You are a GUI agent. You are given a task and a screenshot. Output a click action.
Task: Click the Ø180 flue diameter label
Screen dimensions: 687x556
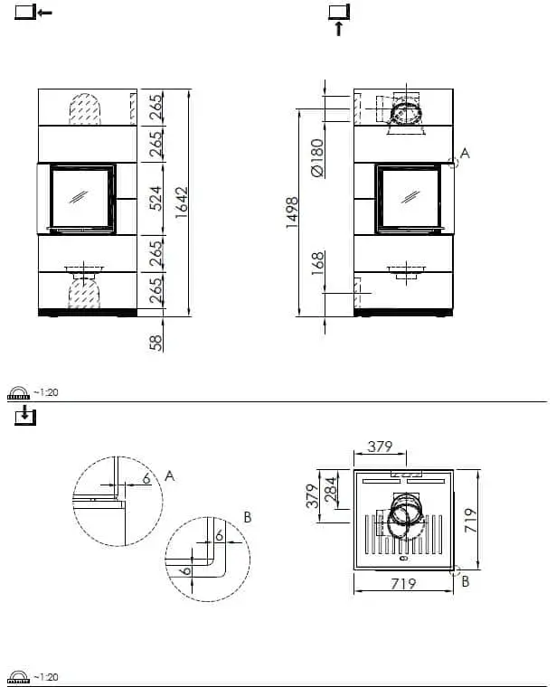click(316, 157)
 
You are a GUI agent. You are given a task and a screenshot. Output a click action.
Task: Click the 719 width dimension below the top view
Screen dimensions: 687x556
click(402, 584)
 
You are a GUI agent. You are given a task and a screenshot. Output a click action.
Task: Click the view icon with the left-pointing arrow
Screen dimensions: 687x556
click(33, 13)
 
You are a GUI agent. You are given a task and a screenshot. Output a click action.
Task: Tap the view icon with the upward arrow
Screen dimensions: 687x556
click(339, 17)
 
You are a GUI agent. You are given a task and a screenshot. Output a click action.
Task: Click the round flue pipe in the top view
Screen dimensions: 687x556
click(404, 511)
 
